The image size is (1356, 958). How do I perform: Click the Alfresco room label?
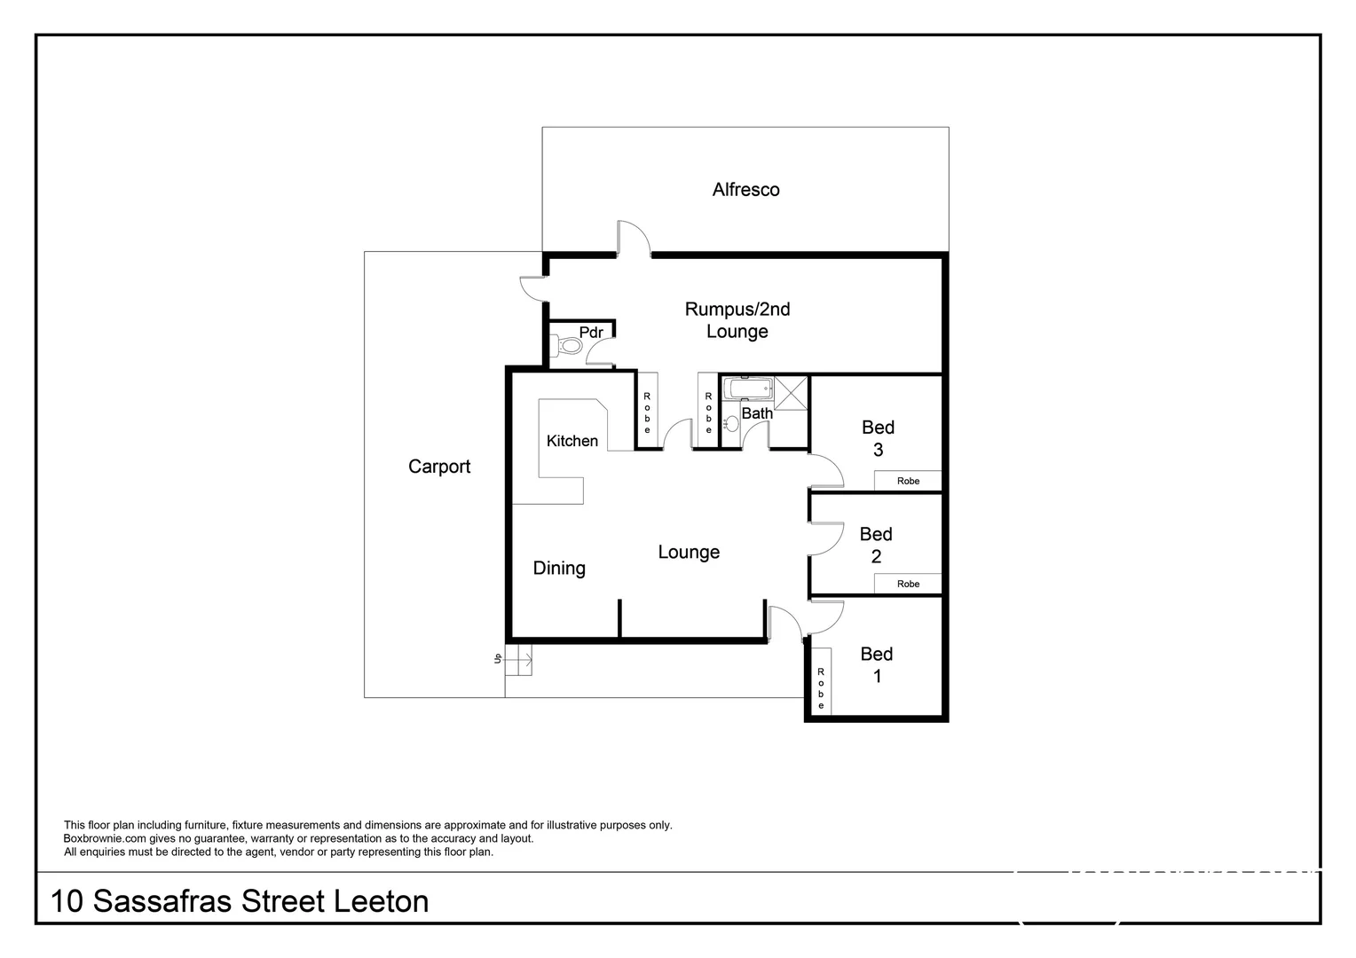[745, 190]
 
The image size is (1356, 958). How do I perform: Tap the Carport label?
[439, 467]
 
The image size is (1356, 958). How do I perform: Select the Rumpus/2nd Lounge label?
[737, 320]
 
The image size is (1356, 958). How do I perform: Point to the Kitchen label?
[572, 441]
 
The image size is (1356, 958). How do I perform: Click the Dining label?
[559, 568]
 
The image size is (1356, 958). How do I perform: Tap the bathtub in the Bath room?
[748, 389]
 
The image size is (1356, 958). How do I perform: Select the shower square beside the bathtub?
[791, 393]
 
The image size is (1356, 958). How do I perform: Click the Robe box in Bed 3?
[907, 481]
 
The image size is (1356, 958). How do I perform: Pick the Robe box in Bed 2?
[907, 584]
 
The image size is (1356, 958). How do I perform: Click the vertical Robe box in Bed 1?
[821, 688]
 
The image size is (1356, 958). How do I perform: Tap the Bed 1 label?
[877, 664]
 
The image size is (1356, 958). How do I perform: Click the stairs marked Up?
[518, 659]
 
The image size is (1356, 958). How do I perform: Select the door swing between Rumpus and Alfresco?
[634, 239]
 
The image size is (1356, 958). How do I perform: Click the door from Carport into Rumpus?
[532, 289]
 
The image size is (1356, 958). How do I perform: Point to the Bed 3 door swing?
[825, 472]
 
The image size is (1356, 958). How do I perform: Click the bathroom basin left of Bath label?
[731, 423]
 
